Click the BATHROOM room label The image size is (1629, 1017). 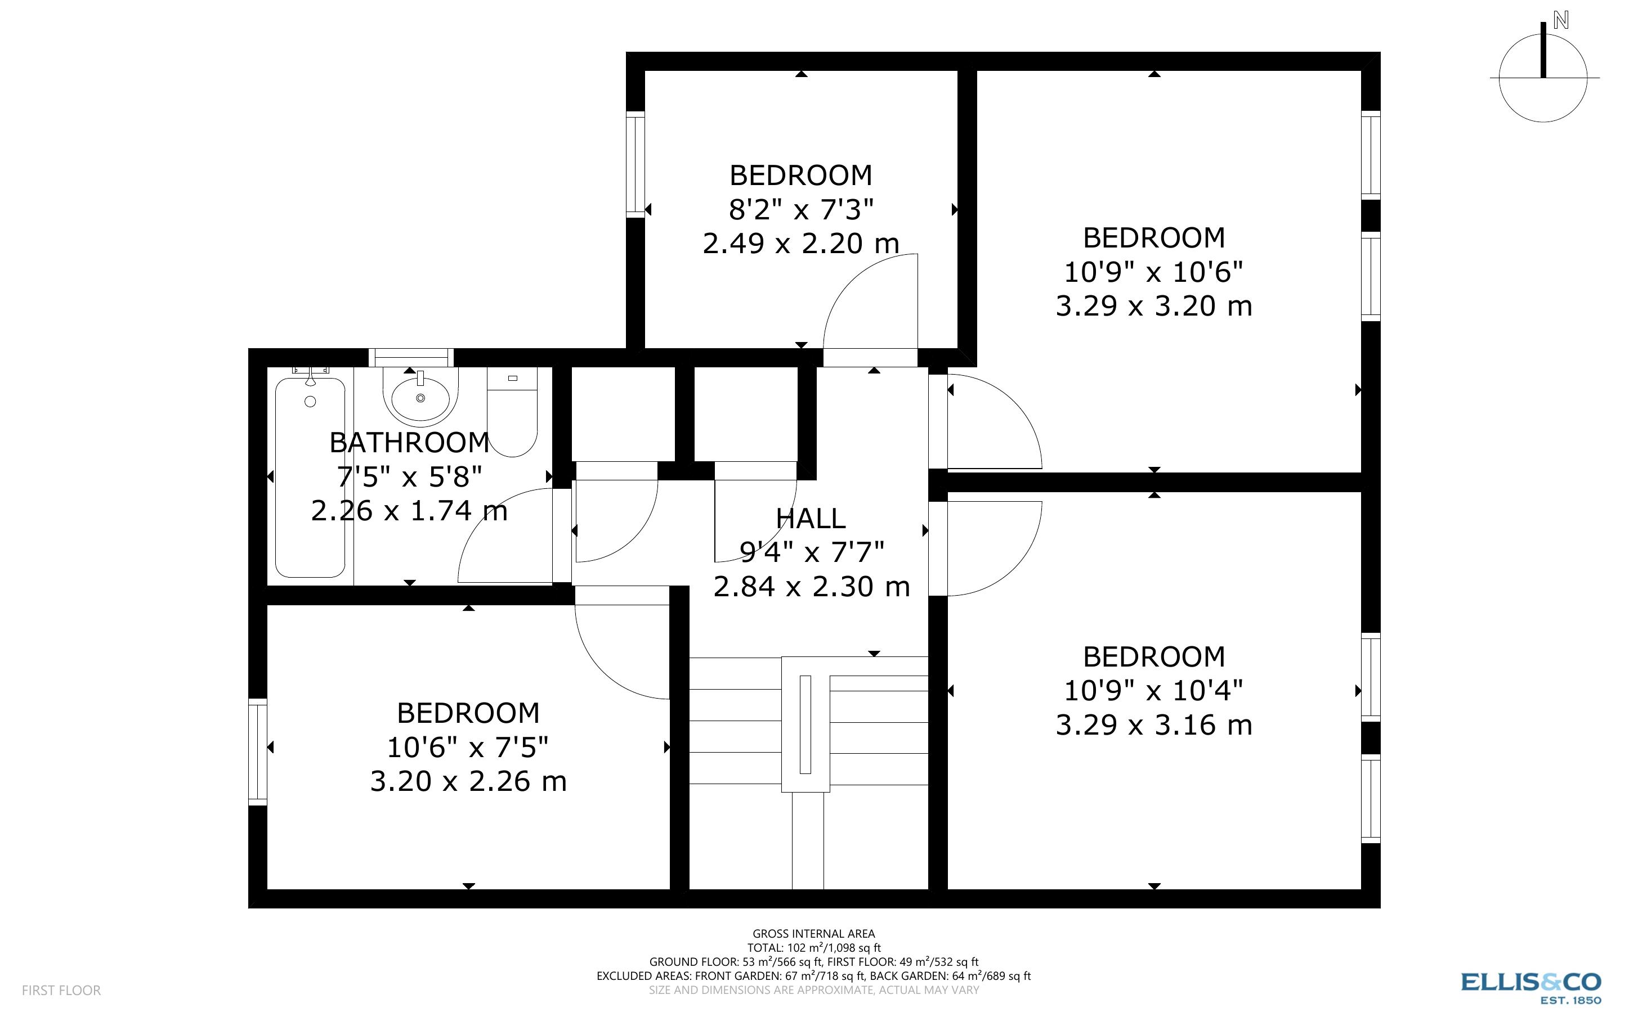point(409,443)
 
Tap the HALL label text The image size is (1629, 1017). point(811,519)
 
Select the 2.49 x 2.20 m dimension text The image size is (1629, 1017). point(800,243)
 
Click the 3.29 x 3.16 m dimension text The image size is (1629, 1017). point(1153,725)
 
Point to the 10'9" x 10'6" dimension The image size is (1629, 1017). point(1153,272)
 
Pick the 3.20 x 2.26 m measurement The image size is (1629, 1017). point(468,781)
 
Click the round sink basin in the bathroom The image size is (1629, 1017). point(420,398)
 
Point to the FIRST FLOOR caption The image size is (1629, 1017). point(61,990)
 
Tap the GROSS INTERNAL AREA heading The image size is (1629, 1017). point(813,934)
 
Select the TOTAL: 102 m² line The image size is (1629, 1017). point(813,948)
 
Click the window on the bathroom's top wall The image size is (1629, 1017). point(411,357)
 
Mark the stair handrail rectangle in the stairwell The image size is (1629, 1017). point(805,724)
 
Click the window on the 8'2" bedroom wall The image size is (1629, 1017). point(635,165)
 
